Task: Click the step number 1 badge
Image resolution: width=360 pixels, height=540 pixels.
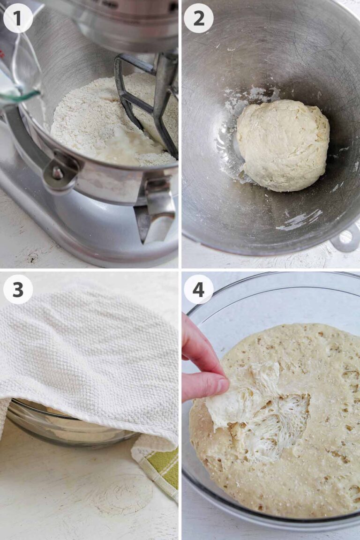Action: (x=18, y=18)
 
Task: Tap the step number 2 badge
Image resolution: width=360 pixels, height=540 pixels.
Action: (x=198, y=18)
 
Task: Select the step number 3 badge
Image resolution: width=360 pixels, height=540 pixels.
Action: (x=18, y=289)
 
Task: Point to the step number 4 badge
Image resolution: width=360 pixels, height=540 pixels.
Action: (x=198, y=289)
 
